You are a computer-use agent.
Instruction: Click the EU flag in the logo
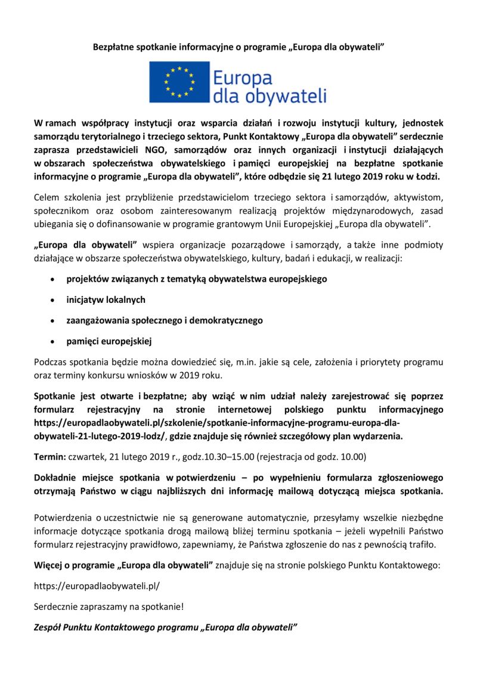[179, 82]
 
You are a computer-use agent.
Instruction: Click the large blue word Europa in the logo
[242, 78]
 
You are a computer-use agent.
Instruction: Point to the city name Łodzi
[426, 177]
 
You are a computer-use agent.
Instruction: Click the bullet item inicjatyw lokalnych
[106, 299]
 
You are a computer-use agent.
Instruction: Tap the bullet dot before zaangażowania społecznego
[54, 321]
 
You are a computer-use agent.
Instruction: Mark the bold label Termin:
[51, 457]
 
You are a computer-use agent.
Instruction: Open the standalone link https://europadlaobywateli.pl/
[97, 586]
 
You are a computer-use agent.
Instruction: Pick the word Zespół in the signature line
[49, 628]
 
